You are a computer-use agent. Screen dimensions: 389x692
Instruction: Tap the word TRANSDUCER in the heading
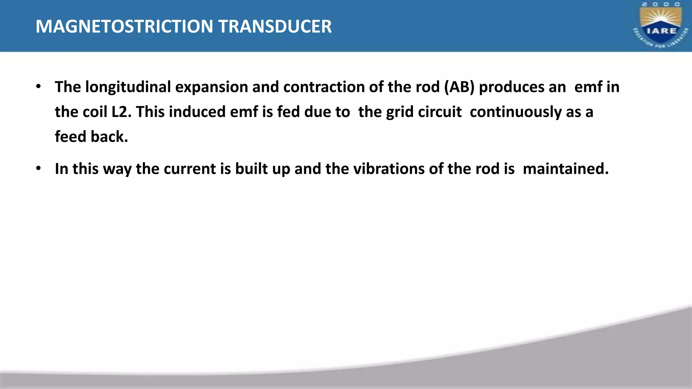[x=275, y=27]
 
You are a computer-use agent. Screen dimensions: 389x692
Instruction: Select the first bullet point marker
[x=39, y=87]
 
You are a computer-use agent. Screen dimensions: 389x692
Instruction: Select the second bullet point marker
[x=39, y=168]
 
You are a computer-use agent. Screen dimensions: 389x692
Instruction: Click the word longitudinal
[x=128, y=87]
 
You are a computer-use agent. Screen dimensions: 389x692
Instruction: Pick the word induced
[x=197, y=112]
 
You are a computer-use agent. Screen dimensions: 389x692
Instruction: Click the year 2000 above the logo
[x=661, y=4]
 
